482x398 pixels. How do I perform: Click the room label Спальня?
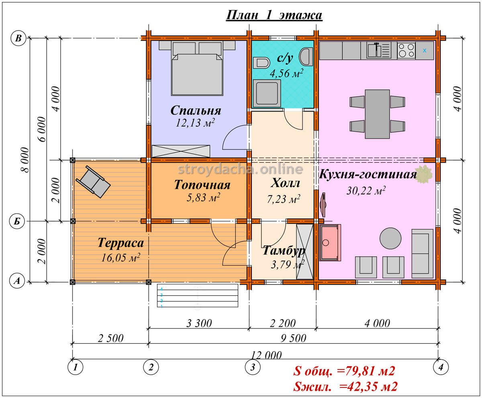click(196, 110)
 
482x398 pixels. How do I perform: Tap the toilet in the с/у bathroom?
click(261, 63)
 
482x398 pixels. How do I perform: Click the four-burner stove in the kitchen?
click(406, 50)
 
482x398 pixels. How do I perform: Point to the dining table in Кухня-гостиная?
click(377, 114)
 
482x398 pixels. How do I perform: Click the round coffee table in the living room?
click(390, 238)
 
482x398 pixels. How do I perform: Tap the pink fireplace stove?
click(330, 242)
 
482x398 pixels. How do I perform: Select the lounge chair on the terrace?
click(93, 181)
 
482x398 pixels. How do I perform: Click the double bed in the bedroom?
click(197, 75)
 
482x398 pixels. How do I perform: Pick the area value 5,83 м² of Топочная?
click(203, 198)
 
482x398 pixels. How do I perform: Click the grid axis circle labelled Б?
click(17, 221)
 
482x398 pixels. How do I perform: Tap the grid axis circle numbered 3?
click(253, 367)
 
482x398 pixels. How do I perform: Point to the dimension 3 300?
click(199, 323)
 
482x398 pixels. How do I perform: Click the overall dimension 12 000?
click(266, 355)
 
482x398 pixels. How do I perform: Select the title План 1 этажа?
click(274, 15)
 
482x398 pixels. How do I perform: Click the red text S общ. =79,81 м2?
click(344, 371)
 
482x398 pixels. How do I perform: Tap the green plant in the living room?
click(424, 174)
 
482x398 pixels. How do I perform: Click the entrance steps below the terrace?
click(197, 295)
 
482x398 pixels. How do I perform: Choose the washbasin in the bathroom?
click(306, 56)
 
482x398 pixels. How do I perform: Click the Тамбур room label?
click(284, 251)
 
